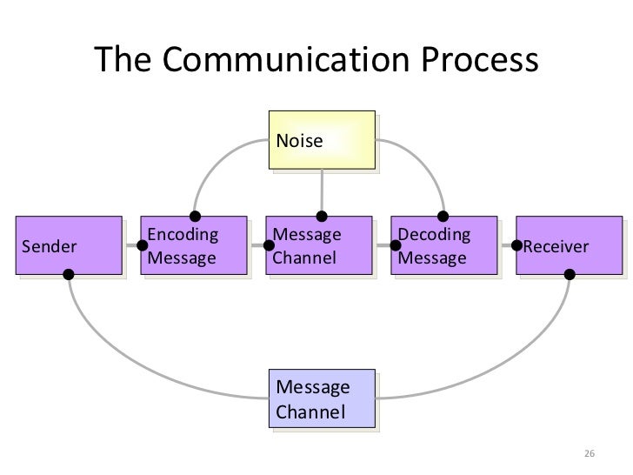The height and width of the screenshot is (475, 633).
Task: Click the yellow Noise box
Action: (x=323, y=139)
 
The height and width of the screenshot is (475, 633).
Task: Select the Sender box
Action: (x=71, y=246)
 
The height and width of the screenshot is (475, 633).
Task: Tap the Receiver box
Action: (x=570, y=246)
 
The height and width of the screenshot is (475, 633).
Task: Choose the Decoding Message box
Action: (x=444, y=246)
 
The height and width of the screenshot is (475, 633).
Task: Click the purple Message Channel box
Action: (x=321, y=246)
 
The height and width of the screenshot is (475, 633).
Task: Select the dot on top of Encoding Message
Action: (x=197, y=216)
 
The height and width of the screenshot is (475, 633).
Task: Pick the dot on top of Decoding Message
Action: (x=443, y=216)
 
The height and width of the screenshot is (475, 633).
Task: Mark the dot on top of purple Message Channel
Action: (x=322, y=216)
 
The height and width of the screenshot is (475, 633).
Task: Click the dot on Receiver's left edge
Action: (x=517, y=245)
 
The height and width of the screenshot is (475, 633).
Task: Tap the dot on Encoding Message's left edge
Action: (x=143, y=246)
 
